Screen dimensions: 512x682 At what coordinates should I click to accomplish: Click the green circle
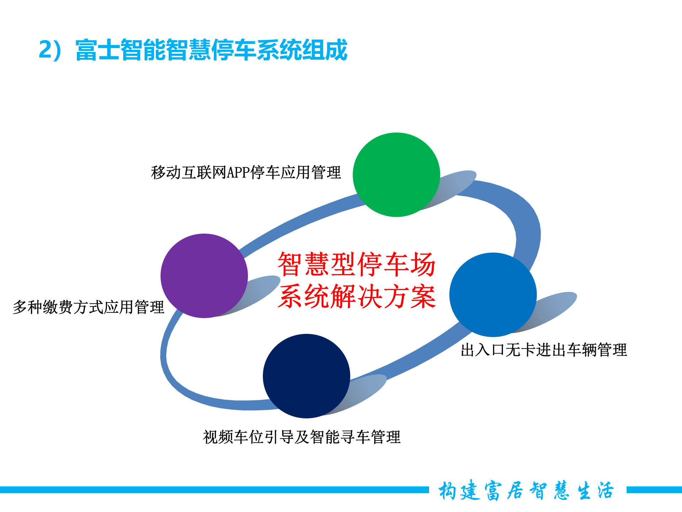coord(396,175)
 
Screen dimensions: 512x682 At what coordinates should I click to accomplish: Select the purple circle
coord(204,276)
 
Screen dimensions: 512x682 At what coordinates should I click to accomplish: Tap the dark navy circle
coord(306,376)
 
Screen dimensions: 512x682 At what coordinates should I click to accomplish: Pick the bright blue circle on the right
coord(493,294)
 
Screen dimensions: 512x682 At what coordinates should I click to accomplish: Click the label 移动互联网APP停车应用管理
coord(246,173)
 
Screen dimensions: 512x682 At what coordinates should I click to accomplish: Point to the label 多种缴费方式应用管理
coord(88,307)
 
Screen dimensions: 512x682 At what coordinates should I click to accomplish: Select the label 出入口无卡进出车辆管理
coord(543,350)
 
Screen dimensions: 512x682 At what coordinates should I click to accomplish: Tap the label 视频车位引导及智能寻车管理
coord(302,437)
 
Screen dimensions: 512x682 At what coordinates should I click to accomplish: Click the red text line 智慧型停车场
coord(356,264)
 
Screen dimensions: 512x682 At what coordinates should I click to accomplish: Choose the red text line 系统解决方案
coord(356,296)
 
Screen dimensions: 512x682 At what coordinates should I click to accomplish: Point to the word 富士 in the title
coord(98,50)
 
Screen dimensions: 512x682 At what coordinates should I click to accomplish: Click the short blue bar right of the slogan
coord(654,490)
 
